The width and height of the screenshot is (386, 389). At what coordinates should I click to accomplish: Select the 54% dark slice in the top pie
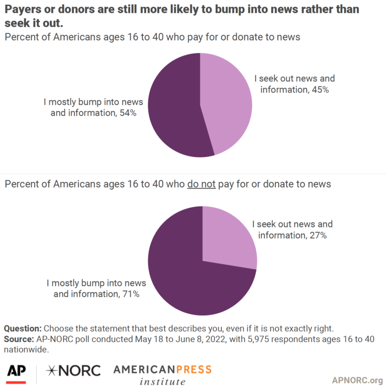pyautogui.click(x=173, y=108)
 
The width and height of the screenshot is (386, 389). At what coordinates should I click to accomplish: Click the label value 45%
pyautogui.click(x=324, y=90)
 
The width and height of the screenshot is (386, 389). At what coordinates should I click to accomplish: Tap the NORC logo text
pyautogui.click(x=73, y=371)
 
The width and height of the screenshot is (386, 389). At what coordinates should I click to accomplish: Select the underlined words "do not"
pyautogui.click(x=201, y=184)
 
